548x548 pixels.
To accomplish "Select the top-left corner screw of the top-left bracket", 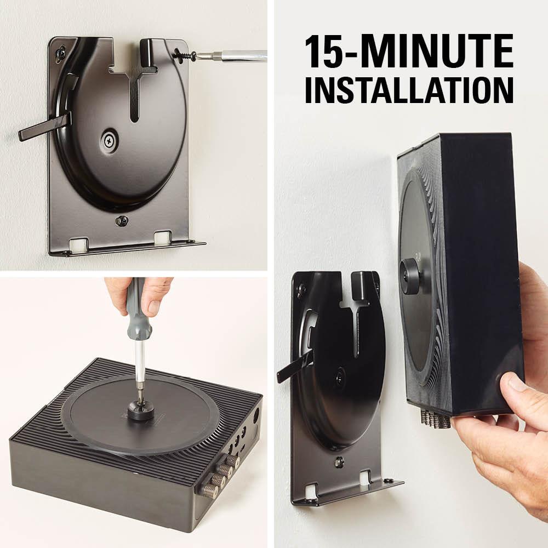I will pyautogui.click(x=60, y=53).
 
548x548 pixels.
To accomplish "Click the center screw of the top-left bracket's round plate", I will pyautogui.click(x=110, y=140).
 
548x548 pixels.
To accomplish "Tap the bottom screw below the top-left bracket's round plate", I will pyautogui.click(x=122, y=221).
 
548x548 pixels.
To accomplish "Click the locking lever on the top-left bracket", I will pyautogui.click(x=44, y=127).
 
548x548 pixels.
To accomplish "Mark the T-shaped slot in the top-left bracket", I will pyautogui.click(x=134, y=88).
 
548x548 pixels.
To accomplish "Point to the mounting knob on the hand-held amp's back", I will pyautogui.click(x=409, y=270).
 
